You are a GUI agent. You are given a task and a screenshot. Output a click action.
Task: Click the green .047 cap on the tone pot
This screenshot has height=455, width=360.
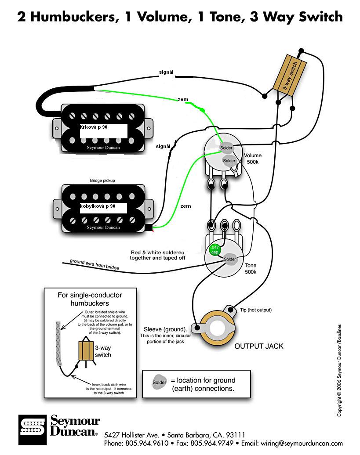[x=215, y=249]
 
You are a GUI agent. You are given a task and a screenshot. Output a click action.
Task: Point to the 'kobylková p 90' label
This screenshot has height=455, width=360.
[x=98, y=206]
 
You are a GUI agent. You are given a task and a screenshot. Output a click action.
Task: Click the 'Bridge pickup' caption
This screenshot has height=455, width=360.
[x=102, y=181]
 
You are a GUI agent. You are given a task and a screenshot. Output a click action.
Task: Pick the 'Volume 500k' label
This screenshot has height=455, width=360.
[x=253, y=159]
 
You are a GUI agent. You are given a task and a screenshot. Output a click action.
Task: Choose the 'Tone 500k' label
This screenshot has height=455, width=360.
[x=251, y=269]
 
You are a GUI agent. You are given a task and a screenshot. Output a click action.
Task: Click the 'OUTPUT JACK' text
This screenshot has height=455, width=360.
[x=258, y=347]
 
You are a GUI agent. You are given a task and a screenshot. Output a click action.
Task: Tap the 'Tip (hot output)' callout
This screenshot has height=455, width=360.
[x=256, y=311]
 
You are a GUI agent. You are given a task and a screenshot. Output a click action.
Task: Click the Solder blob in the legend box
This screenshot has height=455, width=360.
[x=160, y=382]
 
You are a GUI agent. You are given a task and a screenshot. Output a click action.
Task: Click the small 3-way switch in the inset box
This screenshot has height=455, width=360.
[x=85, y=351]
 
